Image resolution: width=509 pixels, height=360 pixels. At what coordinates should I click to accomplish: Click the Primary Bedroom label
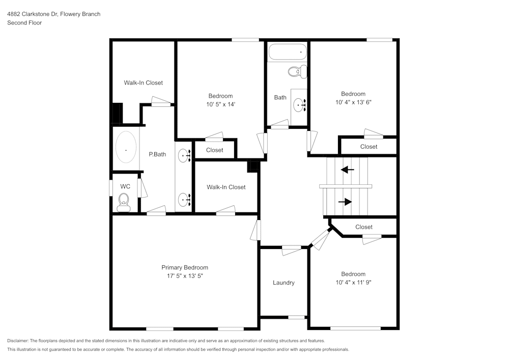click(x=184, y=267)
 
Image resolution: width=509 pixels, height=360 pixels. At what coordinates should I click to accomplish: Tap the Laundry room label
click(x=284, y=283)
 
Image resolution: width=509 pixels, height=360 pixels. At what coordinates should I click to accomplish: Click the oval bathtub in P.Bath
click(x=126, y=147)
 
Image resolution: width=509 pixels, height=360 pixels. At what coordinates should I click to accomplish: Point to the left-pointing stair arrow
click(x=348, y=170)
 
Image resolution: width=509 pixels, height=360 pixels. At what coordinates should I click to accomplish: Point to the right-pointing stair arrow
click(x=345, y=202)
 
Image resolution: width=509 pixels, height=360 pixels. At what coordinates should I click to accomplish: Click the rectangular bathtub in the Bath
click(x=288, y=51)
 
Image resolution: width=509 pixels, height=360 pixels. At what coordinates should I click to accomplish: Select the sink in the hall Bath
click(x=299, y=105)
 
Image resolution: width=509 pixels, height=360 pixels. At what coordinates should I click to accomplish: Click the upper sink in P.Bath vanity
click(x=184, y=154)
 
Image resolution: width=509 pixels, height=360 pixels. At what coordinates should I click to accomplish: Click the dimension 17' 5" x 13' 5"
click(x=184, y=276)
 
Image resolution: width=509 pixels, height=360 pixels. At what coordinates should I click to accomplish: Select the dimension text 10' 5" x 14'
click(x=220, y=104)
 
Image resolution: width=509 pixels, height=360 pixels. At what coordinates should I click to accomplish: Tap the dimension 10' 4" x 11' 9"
click(x=353, y=283)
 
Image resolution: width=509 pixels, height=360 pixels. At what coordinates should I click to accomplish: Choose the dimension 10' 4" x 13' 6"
click(x=353, y=102)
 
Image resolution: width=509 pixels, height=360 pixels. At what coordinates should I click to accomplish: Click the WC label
click(x=125, y=186)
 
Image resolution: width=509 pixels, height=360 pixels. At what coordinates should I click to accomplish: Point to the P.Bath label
click(x=157, y=154)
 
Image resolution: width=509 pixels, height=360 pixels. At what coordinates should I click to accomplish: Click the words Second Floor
click(x=24, y=23)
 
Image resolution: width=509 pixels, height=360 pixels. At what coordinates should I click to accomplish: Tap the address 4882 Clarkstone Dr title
click(x=53, y=14)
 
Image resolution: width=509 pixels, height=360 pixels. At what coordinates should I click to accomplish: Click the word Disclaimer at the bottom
click(x=18, y=341)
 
